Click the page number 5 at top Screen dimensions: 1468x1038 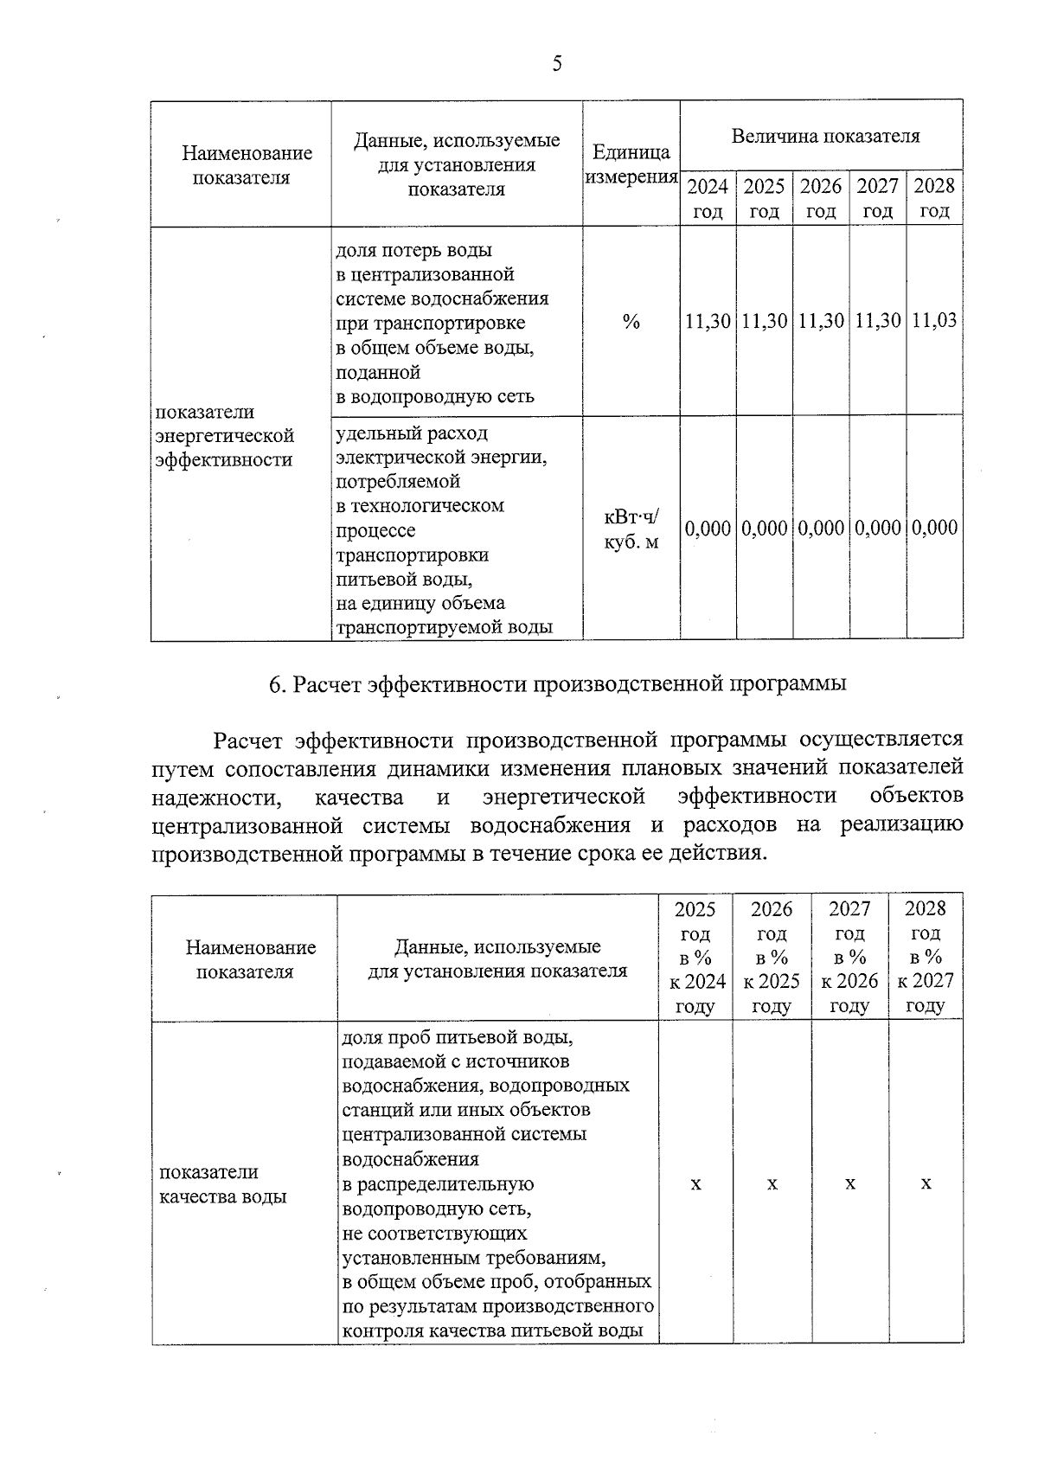(x=556, y=64)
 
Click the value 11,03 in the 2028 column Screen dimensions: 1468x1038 (x=934, y=321)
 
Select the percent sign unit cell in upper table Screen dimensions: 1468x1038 (x=631, y=322)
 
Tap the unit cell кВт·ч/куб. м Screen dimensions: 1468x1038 (x=631, y=529)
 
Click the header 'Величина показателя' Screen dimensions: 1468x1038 (x=825, y=136)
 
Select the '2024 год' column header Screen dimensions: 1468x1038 (x=708, y=198)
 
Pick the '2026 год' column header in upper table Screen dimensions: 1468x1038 (x=821, y=198)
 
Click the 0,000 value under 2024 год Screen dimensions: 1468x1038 (x=708, y=528)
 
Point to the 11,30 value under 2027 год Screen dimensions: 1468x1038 (x=877, y=321)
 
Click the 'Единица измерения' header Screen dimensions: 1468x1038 (x=631, y=164)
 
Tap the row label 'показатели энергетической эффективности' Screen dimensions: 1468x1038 (x=224, y=436)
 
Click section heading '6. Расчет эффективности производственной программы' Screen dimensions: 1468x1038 (x=557, y=684)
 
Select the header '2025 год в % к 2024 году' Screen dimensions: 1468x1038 (x=695, y=957)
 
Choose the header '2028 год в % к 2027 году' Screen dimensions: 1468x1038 (x=926, y=957)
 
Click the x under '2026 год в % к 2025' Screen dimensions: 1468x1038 (x=772, y=1183)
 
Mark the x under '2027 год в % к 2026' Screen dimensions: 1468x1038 (x=849, y=1183)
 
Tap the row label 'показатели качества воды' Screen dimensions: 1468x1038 (x=223, y=1184)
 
